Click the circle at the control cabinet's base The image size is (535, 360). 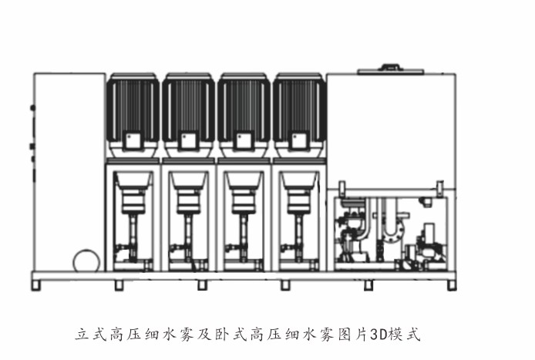[x=86, y=261]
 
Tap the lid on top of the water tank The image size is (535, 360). [x=391, y=69]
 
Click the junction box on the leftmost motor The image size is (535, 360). [x=133, y=140]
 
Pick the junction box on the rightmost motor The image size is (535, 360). [x=299, y=140]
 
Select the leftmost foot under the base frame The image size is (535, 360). [x=36, y=285]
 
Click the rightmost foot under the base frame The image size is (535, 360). [x=452, y=285]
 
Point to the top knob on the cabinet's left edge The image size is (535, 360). [x=32, y=108]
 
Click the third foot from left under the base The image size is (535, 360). [x=202, y=285]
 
